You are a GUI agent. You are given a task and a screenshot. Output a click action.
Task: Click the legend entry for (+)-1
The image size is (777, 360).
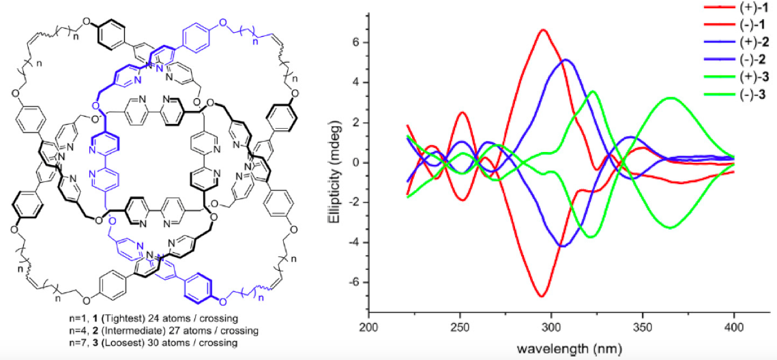[737, 10]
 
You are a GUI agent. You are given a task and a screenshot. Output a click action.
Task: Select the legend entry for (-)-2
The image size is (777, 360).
[737, 61]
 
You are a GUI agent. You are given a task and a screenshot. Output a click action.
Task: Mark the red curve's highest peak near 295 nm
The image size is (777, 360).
[543, 30]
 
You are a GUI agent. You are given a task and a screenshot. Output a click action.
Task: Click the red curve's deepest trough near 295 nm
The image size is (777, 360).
[542, 296]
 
